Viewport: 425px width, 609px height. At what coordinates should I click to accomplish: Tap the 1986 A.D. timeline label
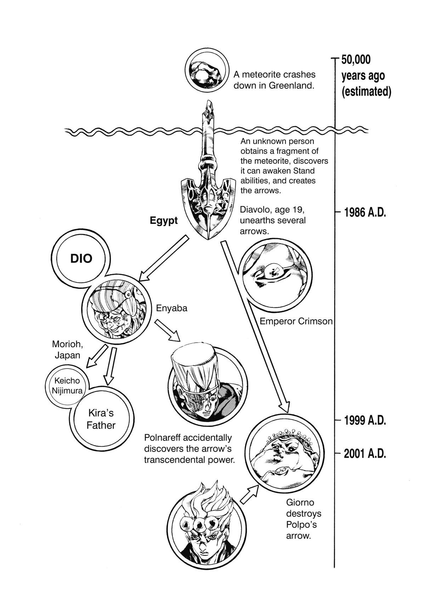[364, 213]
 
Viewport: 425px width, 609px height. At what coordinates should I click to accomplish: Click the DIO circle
[81, 259]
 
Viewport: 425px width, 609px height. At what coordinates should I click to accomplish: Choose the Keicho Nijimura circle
[67, 386]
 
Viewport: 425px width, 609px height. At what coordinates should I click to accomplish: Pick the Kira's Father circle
[101, 419]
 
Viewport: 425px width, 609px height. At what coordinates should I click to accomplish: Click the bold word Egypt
[164, 221]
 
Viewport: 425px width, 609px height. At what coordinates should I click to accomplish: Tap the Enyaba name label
[172, 308]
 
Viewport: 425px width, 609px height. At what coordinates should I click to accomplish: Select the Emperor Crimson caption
[296, 321]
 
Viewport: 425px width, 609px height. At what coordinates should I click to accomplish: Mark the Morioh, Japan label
[68, 349]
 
